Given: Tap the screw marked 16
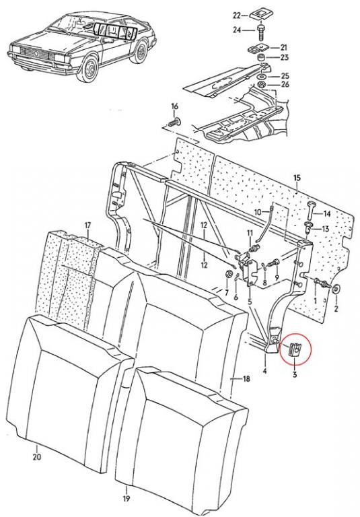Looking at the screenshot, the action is point(175,123).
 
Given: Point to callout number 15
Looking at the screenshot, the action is point(297,178).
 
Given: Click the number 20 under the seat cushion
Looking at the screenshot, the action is point(37,456).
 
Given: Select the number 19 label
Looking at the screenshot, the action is point(127,498).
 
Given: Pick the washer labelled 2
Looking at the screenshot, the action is point(336,289).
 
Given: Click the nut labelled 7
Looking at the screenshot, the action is point(227,275).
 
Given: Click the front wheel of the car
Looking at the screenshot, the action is point(89,67).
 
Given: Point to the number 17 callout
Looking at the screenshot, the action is point(87,226).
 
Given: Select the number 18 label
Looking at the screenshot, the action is point(246,379).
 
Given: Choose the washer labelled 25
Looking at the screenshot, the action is point(262,77).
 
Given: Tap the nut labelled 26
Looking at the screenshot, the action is point(262,84).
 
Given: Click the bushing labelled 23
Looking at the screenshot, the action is point(262,58).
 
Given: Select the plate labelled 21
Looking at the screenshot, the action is point(257,48).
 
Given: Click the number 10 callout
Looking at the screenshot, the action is point(258,211).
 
